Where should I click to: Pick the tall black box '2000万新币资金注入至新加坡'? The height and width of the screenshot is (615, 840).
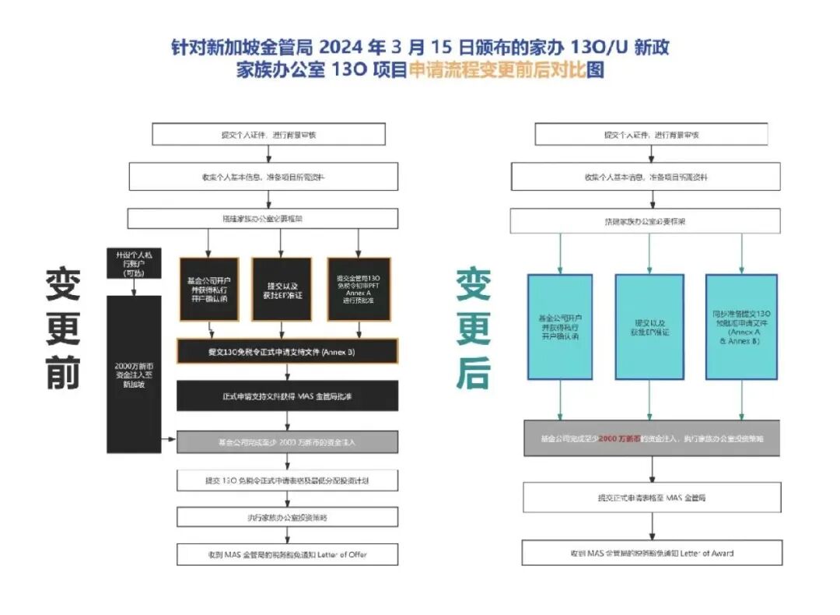click(134, 374)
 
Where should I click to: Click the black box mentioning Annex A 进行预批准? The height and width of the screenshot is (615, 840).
click(359, 289)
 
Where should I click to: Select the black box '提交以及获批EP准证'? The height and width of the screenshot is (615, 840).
click(282, 289)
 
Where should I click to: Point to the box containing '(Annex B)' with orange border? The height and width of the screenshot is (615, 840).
click(287, 352)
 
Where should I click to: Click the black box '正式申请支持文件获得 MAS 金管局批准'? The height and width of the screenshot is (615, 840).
click(287, 395)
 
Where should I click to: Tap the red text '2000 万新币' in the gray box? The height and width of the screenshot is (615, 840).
click(619, 438)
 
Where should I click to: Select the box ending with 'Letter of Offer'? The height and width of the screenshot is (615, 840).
click(287, 554)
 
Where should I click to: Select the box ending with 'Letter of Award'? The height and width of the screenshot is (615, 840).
click(652, 553)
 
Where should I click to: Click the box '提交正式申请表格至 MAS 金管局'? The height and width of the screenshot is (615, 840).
click(652, 497)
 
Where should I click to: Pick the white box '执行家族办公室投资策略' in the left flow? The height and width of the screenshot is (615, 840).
click(287, 517)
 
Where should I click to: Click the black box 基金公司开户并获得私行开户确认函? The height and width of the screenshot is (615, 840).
click(208, 289)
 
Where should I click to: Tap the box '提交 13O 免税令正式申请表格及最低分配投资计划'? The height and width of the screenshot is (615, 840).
click(287, 480)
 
